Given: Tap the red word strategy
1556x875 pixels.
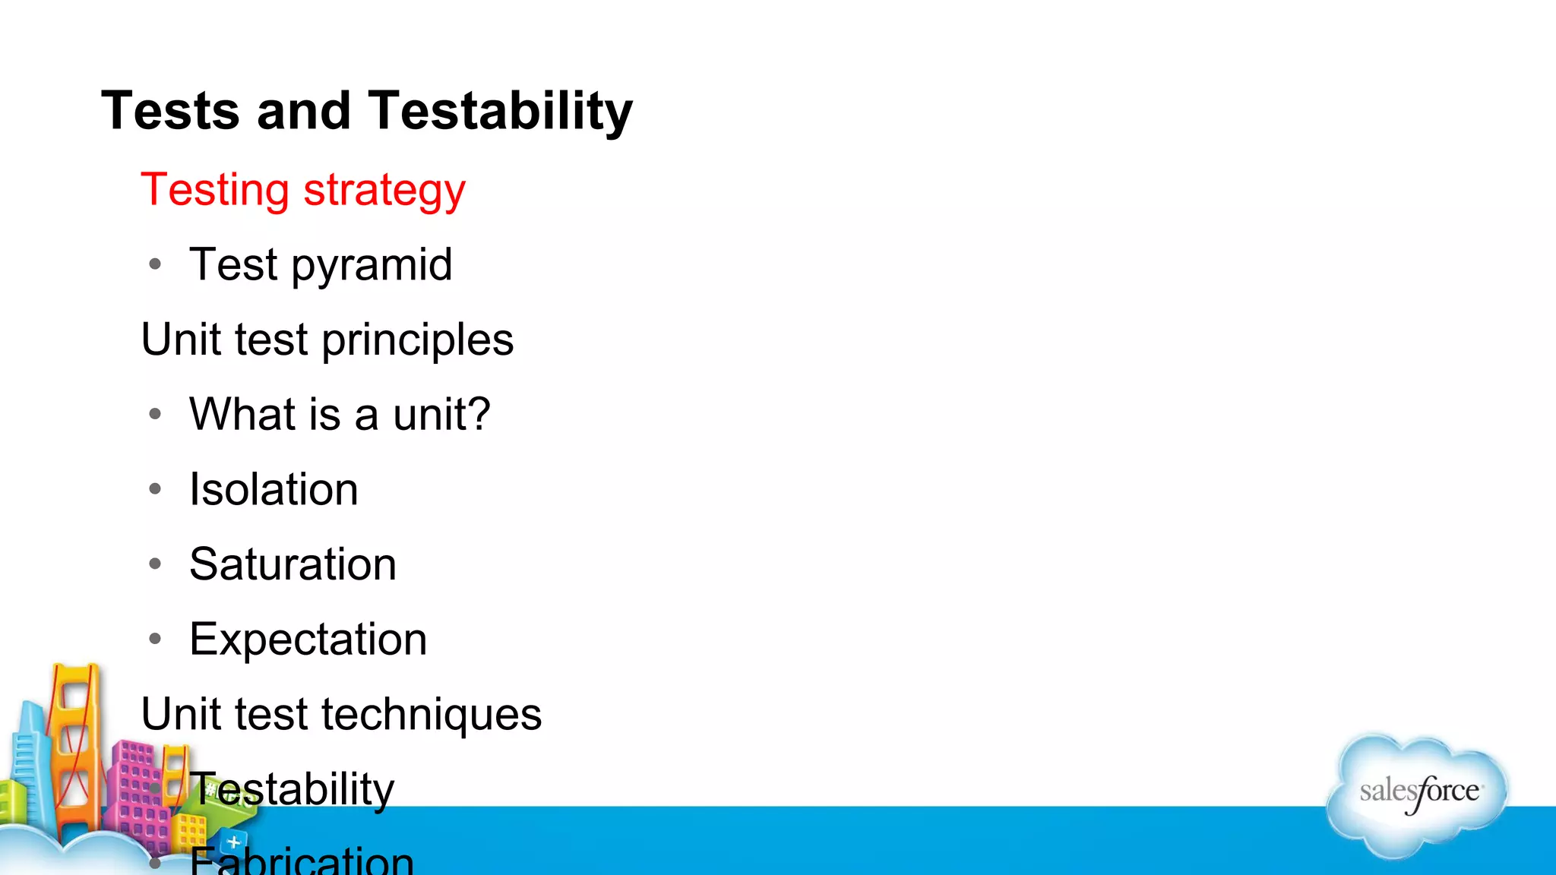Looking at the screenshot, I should pos(384,190).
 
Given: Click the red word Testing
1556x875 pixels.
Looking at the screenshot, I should pos(215,190).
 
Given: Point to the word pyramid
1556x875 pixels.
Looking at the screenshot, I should pos(372,266).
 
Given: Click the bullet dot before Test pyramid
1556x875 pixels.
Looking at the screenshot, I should pos(156,264).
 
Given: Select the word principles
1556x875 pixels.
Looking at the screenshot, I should pos(418,340).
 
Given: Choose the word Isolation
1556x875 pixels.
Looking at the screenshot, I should pos(274,489).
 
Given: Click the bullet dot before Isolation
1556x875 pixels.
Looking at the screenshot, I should pos(156,488).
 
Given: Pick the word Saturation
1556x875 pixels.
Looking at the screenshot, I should pos(293,564).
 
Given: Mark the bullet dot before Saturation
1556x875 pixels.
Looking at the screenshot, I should pos(156,564).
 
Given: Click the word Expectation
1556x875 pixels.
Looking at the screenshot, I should pos(308,640).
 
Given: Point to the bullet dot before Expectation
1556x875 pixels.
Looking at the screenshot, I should pos(156,639).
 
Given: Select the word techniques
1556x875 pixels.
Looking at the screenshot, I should pos(432,715).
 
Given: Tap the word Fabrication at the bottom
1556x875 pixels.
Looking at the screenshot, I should pos(302,861).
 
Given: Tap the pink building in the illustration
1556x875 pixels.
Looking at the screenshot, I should pos(137,790).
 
